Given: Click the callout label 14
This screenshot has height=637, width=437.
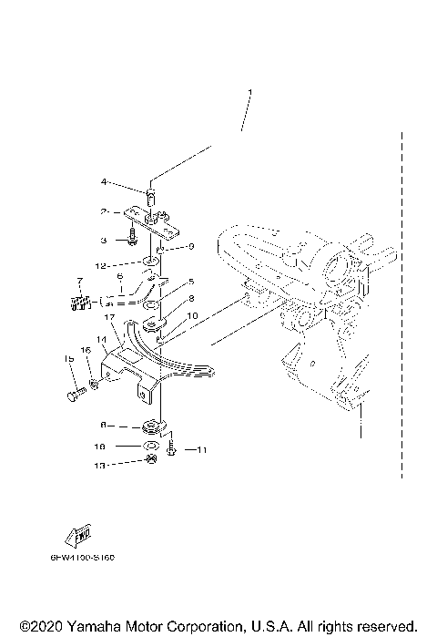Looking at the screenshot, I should [102, 339].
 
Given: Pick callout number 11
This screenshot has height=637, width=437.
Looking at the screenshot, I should [202, 449].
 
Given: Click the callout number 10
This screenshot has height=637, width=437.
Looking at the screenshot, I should [192, 315].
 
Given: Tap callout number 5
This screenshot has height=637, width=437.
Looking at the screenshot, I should [191, 283].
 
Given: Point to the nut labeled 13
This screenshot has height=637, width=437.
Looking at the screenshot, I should [153, 463].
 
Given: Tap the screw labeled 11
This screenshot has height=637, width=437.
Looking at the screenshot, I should [171, 449].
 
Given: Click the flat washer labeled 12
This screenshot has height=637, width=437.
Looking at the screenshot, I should [147, 264].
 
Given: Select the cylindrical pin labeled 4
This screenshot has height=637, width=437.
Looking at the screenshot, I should [151, 194].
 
